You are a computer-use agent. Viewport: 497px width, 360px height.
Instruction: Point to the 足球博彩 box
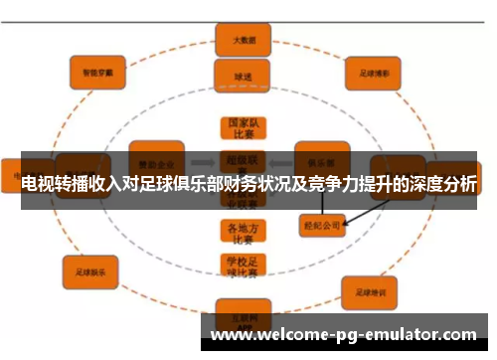[372, 72]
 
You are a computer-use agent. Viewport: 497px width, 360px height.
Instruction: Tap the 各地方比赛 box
[240, 232]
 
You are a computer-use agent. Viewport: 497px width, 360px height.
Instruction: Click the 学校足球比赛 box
[240, 266]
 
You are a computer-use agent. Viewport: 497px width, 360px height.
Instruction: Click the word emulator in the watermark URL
[398, 336]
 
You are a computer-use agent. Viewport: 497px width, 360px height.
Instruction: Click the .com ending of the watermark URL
[459, 336]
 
